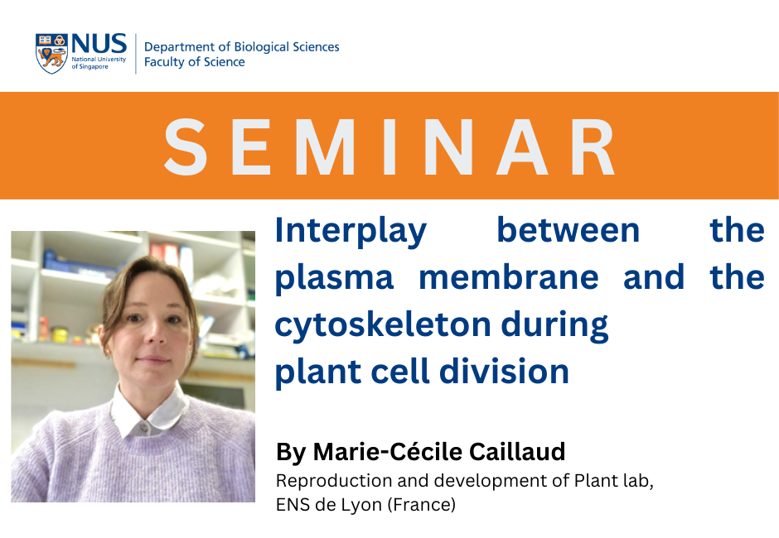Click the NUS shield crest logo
(51, 54)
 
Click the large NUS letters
(99, 44)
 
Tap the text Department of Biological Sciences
(241, 47)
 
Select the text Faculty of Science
(194, 62)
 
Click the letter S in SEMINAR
(186, 147)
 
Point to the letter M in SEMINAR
(326, 147)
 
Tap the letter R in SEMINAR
(593, 147)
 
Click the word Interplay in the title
(351, 231)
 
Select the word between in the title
(569, 230)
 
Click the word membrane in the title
(509, 277)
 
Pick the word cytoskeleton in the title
(383, 325)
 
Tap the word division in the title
(504, 372)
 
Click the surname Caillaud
(517, 452)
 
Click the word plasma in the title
(334, 279)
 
